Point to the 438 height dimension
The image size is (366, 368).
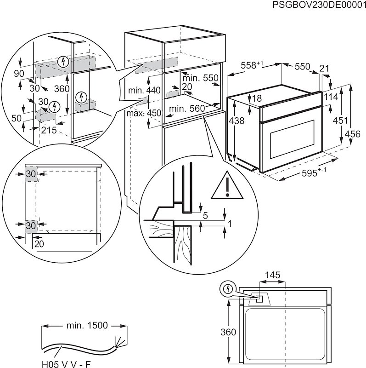coord(235,121)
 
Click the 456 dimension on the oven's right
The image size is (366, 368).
coord(352,133)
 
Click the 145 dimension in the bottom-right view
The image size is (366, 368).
coord(272,275)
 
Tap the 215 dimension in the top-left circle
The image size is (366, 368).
coord(49,130)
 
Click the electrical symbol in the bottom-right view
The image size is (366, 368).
coord(227,289)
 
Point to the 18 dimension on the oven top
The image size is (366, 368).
coord(256,98)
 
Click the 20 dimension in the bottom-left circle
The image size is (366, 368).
coord(39,244)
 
